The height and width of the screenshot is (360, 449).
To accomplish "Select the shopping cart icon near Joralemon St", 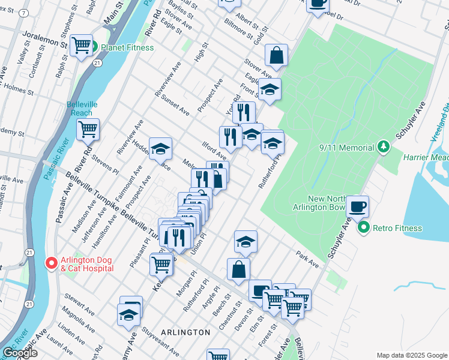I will [81, 45].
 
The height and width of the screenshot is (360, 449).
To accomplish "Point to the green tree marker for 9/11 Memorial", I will [382, 146].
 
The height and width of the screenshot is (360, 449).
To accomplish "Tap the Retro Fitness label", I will [397, 228].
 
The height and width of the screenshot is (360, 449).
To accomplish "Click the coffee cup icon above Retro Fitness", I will [358, 206].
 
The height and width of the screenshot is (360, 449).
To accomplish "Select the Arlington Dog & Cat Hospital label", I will [87, 264].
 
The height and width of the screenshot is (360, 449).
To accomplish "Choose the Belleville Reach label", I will [79, 108].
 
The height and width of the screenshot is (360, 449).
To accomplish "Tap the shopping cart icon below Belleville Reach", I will [88, 128].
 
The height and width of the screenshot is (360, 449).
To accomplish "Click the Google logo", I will [20, 353].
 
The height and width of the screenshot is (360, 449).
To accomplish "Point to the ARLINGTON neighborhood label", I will [185, 332].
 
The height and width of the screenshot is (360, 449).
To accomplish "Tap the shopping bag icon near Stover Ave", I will [276, 55].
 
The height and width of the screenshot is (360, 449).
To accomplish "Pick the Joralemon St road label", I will [44, 40].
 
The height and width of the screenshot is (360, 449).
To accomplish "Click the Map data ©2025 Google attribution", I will [412, 355].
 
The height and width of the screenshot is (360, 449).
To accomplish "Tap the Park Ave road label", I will [307, 258].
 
